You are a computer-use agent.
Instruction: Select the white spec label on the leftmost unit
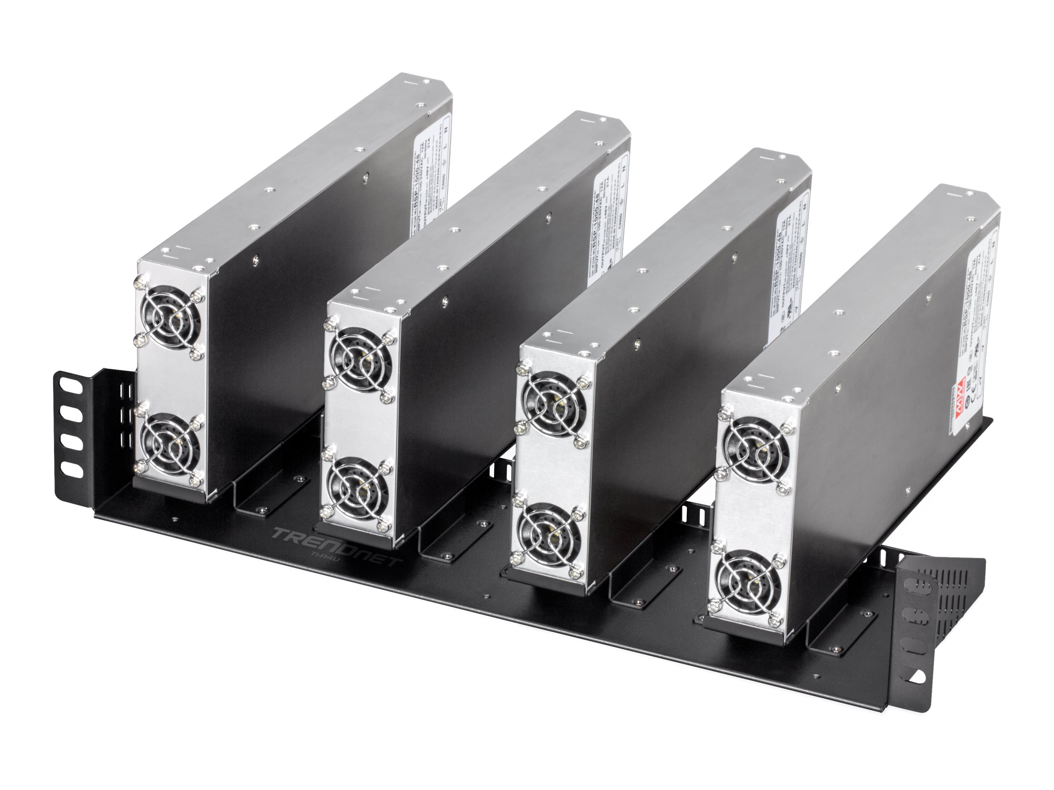[x=430, y=181]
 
